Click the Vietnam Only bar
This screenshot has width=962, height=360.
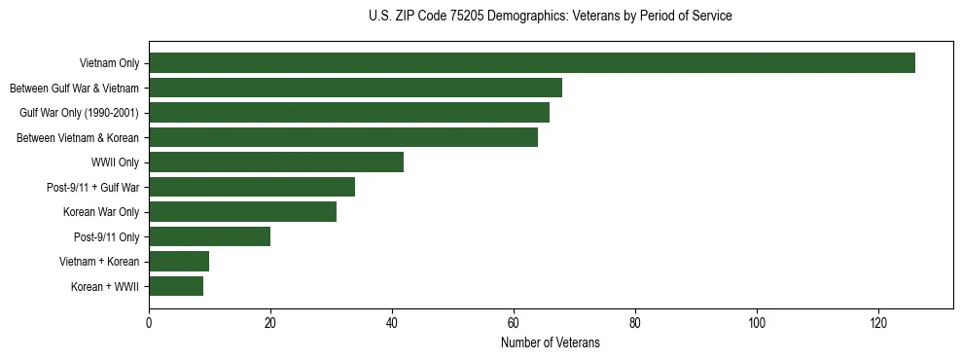click(532, 63)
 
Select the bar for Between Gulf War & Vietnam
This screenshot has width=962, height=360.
click(355, 88)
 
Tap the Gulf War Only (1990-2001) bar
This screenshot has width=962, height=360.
click(349, 113)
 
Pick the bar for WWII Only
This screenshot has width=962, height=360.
click(276, 162)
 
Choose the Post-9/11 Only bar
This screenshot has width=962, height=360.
click(209, 236)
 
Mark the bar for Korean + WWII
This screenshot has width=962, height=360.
click(176, 286)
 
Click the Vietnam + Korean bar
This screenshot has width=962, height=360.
click(179, 262)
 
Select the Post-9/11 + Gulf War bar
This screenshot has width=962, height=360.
click(252, 187)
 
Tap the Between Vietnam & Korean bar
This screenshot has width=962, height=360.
click(343, 137)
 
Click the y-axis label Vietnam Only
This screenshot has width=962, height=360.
click(109, 64)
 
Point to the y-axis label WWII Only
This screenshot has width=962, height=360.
click(115, 162)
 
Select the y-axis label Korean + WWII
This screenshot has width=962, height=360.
click(105, 287)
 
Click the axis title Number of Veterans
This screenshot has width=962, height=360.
click(551, 343)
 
